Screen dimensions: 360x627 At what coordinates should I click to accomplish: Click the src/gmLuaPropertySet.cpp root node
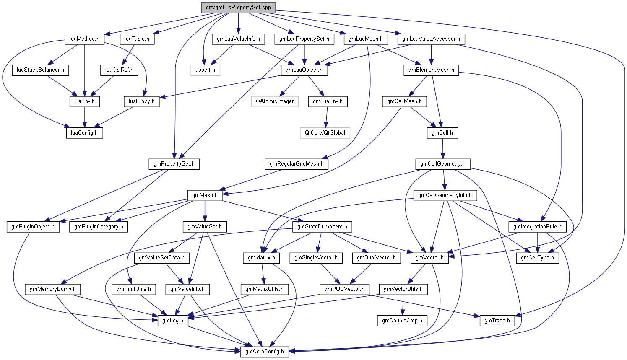pyautogui.click(x=238, y=8)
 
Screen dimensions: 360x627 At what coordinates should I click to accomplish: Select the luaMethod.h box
pyautogui.click(x=84, y=39)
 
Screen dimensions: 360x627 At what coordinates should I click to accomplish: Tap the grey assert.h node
pyautogui.click(x=205, y=70)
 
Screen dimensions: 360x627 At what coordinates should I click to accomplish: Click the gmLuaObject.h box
pyautogui.click(x=304, y=70)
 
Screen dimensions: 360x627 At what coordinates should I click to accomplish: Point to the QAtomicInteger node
pyautogui.click(x=275, y=101)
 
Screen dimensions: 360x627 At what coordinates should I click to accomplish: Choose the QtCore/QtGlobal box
pyautogui.click(x=325, y=132)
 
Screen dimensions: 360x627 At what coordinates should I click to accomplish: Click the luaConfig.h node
pyautogui.click(x=84, y=132)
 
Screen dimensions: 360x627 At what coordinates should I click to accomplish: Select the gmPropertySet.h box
pyautogui.click(x=174, y=163)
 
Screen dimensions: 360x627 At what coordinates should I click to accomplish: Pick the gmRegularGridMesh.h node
pyautogui.click(x=297, y=163)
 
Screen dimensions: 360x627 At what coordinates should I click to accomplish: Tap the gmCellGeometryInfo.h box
pyautogui.click(x=445, y=195)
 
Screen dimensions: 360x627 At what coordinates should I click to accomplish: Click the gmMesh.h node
pyautogui.click(x=205, y=195)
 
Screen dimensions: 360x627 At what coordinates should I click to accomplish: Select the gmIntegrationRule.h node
pyautogui.click(x=538, y=226)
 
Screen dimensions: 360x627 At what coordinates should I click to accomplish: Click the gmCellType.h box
pyautogui.click(x=537, y=257)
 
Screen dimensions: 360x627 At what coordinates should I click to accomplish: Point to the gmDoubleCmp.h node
pyautogui.click(x=402, y=320)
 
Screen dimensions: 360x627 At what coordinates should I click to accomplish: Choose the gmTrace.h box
pyautogui.click(x=497, y=320)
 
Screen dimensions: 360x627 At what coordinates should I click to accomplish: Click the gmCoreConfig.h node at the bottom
pyautogui.click(x=265, y=351)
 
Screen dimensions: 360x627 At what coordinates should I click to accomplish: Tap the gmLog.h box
pyautogui.click(x=173, y=320)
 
